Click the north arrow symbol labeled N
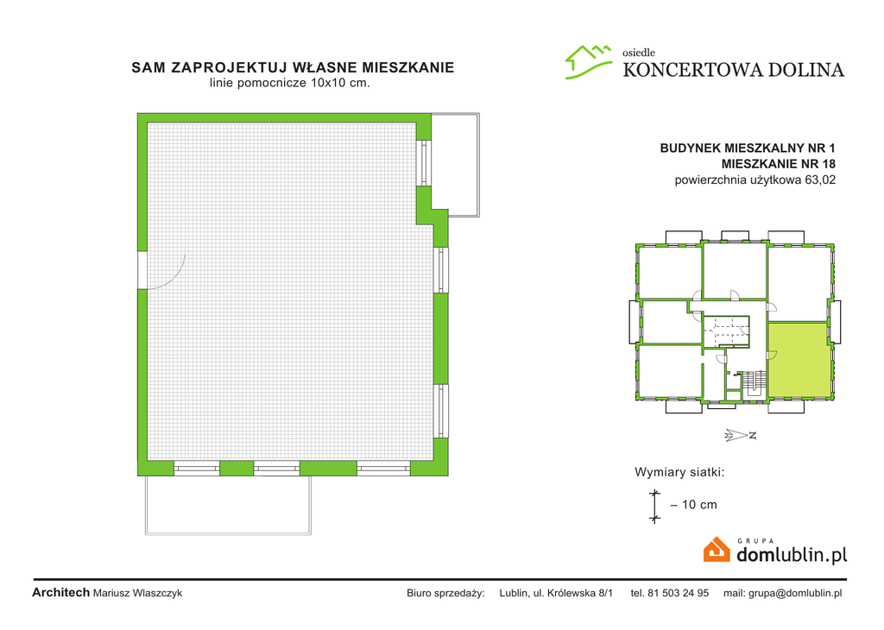point(741,435)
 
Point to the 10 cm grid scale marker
point(654,505)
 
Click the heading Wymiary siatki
point(679,472)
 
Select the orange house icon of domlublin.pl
point(717,550)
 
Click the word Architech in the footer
point(60,593)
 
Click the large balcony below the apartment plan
point(227,506)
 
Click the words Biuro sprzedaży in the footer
point(445,593)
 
